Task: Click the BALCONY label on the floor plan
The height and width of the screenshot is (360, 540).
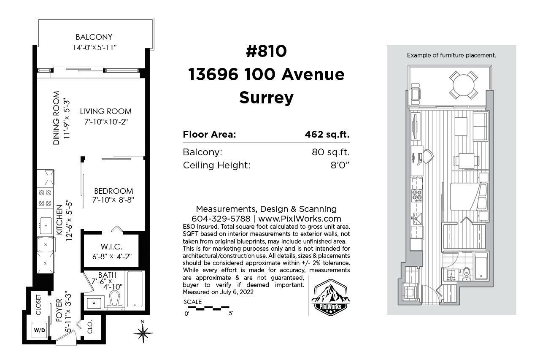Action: click(94, 37)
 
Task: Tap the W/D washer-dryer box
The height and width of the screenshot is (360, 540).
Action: click(39, 330)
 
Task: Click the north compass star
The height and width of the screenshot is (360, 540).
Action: click(143, 333)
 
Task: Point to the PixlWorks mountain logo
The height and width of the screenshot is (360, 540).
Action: click(330, 298)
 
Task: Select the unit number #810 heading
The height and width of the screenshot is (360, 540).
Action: click(266, 51)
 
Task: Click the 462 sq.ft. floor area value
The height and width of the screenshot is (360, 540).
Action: click(327, 134)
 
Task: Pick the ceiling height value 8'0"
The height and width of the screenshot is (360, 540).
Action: click(340, 165)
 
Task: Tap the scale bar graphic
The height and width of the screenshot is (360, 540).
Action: click(208, 308)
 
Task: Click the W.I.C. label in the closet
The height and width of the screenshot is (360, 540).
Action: click(111, 246)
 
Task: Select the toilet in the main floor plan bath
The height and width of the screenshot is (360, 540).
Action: click(114, 300)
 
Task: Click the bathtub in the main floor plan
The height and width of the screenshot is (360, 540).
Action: click(135, 290)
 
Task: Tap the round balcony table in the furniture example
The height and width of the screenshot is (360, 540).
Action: click(463, 85)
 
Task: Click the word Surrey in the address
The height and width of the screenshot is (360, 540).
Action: click(266, 97)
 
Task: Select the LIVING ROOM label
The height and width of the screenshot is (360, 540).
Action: click(106, 111)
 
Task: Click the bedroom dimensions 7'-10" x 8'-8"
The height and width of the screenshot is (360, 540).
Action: click(113, 200)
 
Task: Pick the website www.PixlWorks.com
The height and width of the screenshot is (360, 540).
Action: click(300, 219)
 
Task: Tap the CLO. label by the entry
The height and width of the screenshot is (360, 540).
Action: click(90, 327)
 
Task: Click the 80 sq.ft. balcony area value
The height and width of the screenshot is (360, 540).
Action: click(330, 152)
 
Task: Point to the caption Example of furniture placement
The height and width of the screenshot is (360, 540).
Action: click(451, 55)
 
